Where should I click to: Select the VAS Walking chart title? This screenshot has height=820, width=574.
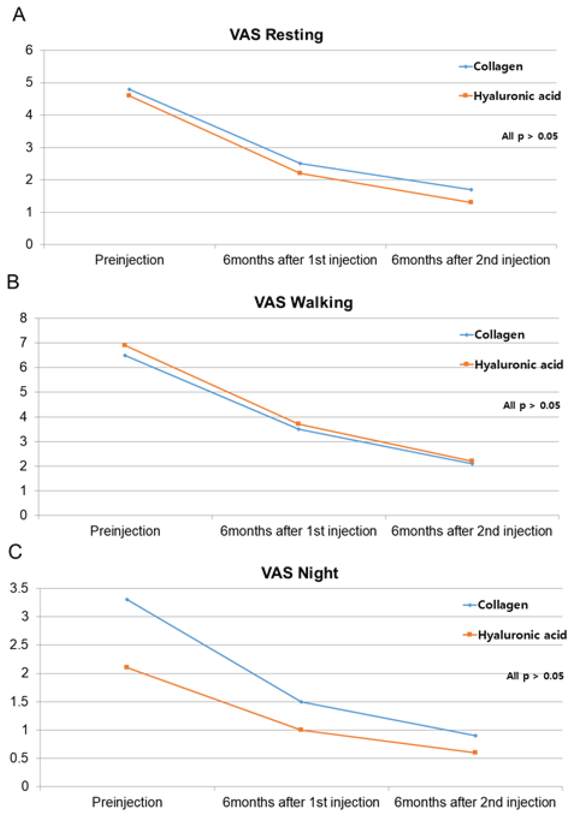click(303, 303)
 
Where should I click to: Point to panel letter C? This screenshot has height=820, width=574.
click(15, 552)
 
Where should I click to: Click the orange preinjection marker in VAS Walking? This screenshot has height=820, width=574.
click(124, 345)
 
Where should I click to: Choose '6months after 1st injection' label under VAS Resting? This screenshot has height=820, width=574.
click(300, 260)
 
